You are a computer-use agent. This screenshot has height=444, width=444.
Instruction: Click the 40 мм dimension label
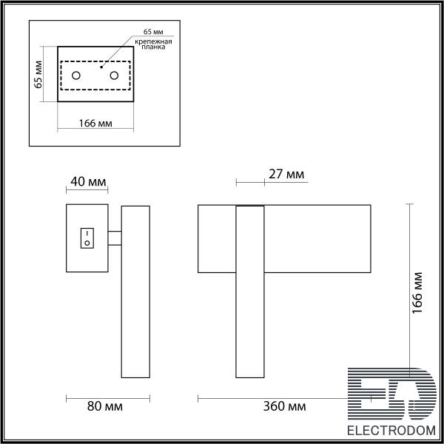(x=88, y=181)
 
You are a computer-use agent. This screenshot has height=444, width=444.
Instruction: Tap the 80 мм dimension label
(x=105, y=406)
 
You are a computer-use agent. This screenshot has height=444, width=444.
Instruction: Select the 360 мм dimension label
(x=284, y=406)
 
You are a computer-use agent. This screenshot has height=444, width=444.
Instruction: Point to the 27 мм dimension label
(x=286, y=174)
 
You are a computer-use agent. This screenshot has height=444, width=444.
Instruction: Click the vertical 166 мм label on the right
(x=417, y=293)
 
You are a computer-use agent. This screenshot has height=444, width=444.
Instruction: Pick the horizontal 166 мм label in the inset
(x=95, y=124)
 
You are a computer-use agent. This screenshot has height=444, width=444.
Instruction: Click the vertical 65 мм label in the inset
(x=38, y=75)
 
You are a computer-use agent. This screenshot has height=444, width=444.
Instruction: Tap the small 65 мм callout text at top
(x=153, y=32)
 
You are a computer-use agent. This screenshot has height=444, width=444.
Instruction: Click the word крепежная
(x=153, y=42)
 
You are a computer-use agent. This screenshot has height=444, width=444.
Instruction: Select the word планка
(x=153, y=47)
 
